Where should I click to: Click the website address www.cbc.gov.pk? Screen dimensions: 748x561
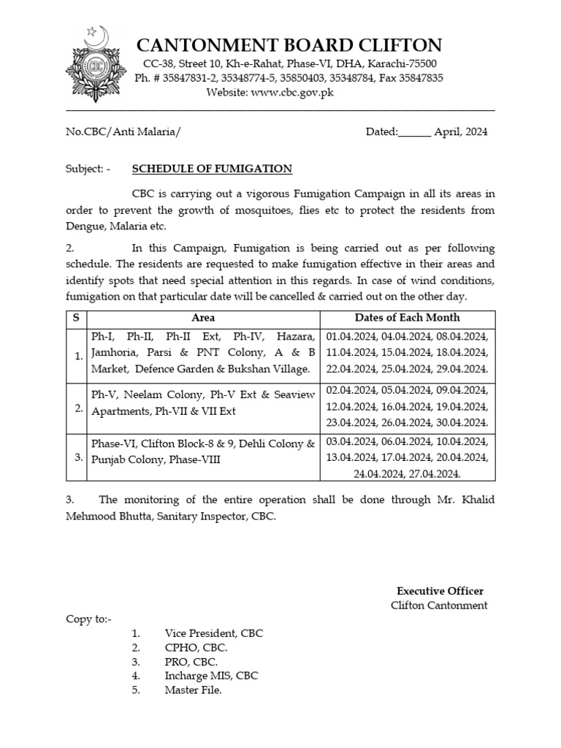click(292, 92)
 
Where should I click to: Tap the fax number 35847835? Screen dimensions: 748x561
click(421, 78)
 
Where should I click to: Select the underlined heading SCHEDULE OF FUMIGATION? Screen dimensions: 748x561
click(212, 169)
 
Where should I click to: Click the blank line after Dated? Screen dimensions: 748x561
click(415, 133)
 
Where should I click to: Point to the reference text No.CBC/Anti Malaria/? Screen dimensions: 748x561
click(123, 132)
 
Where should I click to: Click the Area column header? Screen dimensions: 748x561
click(203, 318)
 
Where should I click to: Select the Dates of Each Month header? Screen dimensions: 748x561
click(408, 318)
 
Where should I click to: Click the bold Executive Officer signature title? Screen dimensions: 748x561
click(440, 591)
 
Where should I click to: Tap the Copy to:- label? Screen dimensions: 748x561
click(89, 619)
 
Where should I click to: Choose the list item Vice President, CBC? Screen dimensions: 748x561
click(213, 633)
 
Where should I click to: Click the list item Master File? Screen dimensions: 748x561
click(193, 690)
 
